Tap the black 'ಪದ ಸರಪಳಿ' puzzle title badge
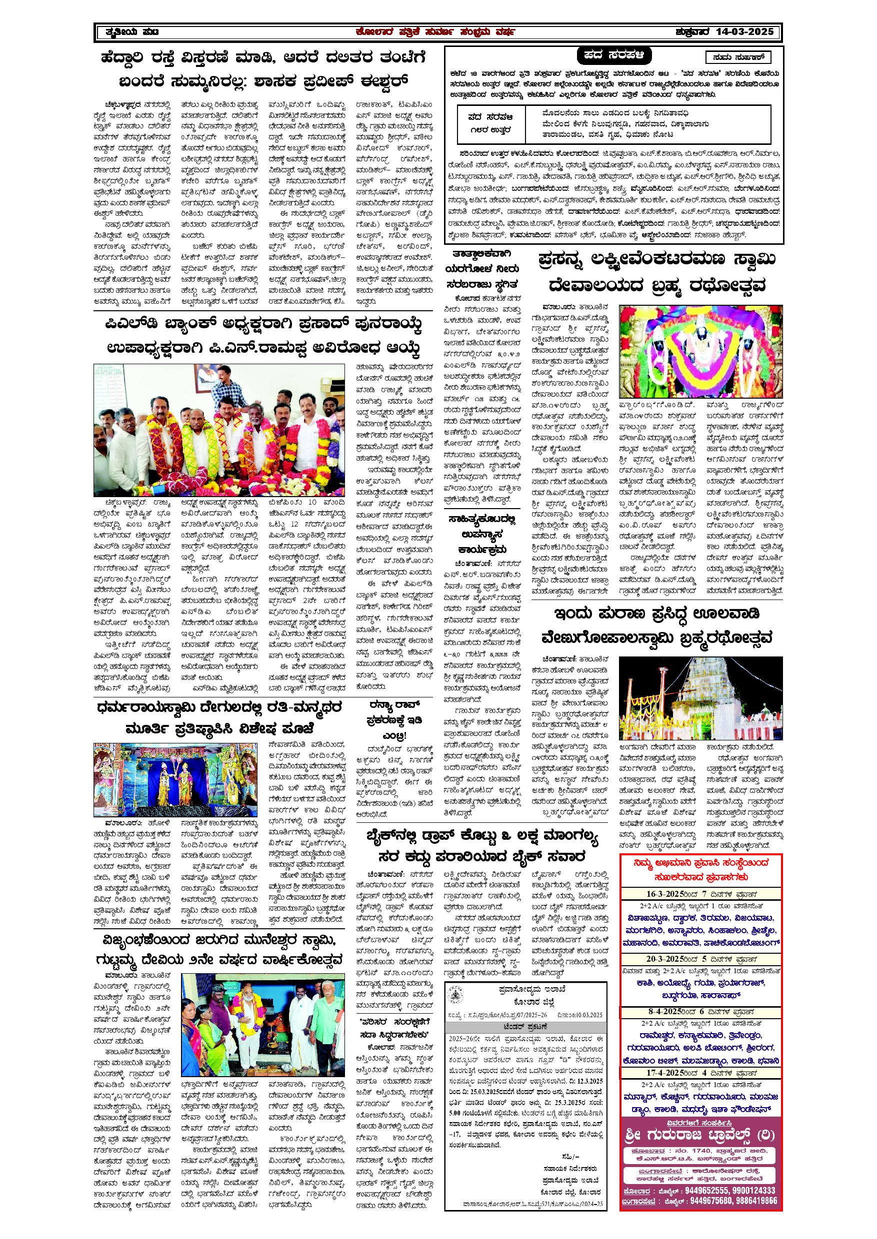tap(614, 55)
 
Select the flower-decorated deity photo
tap(701, 351)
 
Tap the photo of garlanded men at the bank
tap(218, 430)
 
